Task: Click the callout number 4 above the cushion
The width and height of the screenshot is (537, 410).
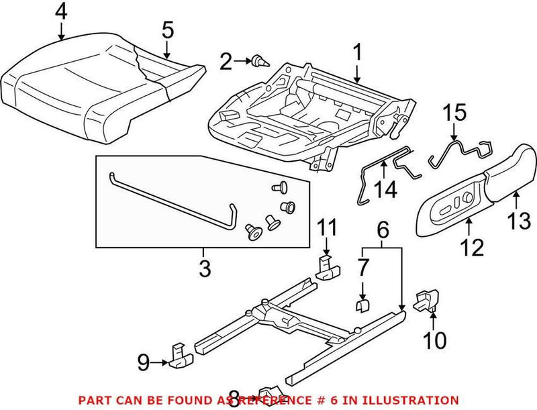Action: [x=61, y=11]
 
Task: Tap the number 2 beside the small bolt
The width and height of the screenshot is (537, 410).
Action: [x=226, y=63]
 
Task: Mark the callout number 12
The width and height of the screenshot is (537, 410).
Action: [x=472, y=247]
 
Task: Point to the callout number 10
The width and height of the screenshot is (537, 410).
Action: [x=434, y=340]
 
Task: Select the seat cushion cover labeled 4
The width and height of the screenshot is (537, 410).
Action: [x=67, y=87]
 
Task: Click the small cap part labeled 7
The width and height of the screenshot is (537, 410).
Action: [x=362, y=306]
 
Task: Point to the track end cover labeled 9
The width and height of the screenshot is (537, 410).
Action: [x=179, y=355]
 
